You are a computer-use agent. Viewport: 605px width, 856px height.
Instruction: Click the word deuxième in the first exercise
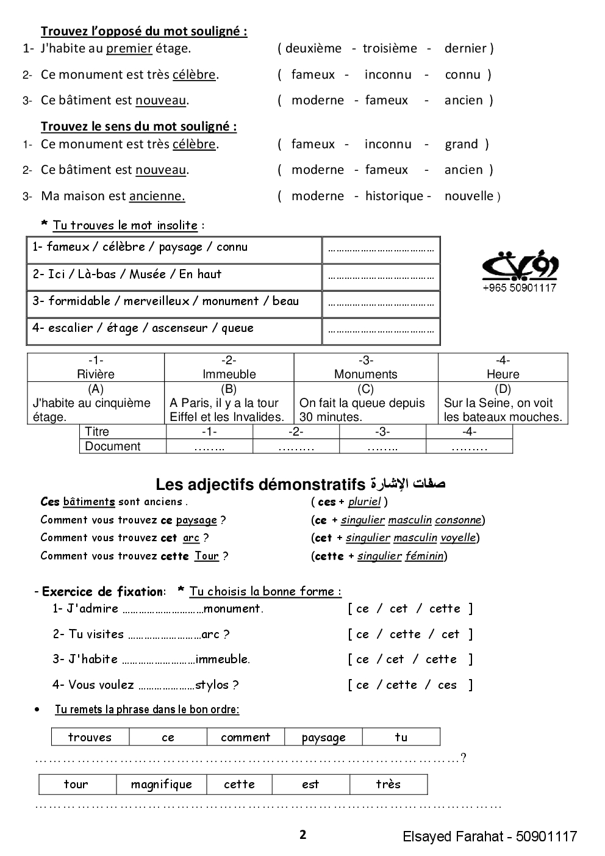(313, 48)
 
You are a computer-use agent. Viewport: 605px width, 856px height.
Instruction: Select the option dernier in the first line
(465, 48)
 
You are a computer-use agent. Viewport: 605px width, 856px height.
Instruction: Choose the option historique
(394, 196)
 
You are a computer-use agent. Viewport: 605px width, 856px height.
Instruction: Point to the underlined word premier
(129, 48)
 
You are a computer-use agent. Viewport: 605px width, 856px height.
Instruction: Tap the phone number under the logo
(519, 288)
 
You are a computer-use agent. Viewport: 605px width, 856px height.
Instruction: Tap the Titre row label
(97, 431)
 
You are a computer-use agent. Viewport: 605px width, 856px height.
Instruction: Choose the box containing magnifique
(161, 784)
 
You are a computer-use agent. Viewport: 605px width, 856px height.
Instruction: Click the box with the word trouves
(90, 737)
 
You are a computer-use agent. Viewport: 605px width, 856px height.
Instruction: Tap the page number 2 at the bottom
(302, 835)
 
